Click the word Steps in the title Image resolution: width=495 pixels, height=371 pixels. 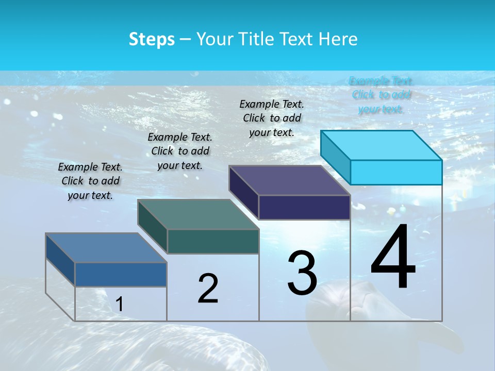(152, 39)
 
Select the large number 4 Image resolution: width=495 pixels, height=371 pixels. (393, 258)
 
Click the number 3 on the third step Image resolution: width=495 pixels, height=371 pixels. (302, 273)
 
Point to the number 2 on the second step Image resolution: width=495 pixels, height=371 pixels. (208, 289)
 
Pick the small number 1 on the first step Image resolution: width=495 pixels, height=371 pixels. (119, 305)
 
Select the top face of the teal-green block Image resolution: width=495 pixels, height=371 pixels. (199, 214)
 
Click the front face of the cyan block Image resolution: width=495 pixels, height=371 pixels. (396, 172)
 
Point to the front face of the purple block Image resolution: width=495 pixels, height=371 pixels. (304, 207)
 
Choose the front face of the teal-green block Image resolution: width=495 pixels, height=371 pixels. (213, 241)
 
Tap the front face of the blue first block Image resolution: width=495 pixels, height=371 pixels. (121, 274)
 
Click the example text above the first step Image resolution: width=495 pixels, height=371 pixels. (90, 181)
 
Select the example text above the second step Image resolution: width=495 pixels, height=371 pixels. (180, 151)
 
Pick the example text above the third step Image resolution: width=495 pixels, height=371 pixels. (272, 118)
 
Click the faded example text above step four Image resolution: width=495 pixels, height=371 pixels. (381, 95)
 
